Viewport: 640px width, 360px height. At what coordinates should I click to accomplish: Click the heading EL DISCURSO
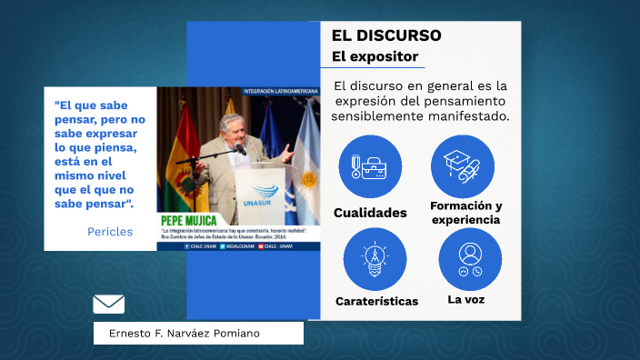[386, 36]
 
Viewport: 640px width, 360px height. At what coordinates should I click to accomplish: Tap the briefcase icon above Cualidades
[370, 167]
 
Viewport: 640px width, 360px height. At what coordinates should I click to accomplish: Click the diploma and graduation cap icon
[463, 166]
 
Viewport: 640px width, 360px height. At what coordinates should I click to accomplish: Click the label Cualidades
[370, 213]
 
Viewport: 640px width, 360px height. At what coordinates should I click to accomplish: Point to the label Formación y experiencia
[466, 213]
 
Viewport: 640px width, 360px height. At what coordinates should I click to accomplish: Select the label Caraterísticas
[376, 301]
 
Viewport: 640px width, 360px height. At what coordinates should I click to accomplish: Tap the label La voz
[466, 299]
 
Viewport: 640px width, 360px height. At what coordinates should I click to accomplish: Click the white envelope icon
[109, 304]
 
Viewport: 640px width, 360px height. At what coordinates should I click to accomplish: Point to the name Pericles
[110, 232]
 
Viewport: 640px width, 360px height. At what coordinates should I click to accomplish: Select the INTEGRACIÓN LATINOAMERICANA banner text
[281, 91]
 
